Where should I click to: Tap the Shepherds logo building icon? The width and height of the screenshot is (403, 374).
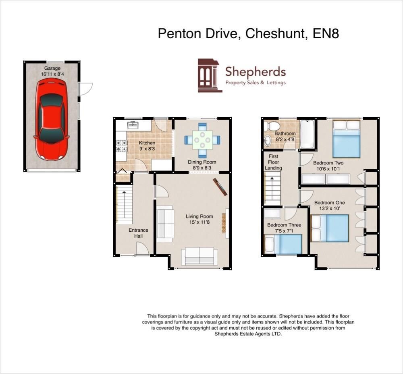tap(210, 75)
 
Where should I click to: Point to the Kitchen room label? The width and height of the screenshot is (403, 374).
tap(147, 143)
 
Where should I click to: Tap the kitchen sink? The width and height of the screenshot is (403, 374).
tap(133, 125)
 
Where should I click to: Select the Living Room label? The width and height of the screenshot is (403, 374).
tap(199, 216)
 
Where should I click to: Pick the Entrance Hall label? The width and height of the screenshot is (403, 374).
tap(138, 233)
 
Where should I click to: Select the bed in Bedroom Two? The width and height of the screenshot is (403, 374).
tap(346, 139)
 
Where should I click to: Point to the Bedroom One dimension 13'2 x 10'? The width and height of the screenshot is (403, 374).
tap(329, 208)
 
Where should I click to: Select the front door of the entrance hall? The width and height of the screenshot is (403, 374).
tap(142, 250)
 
